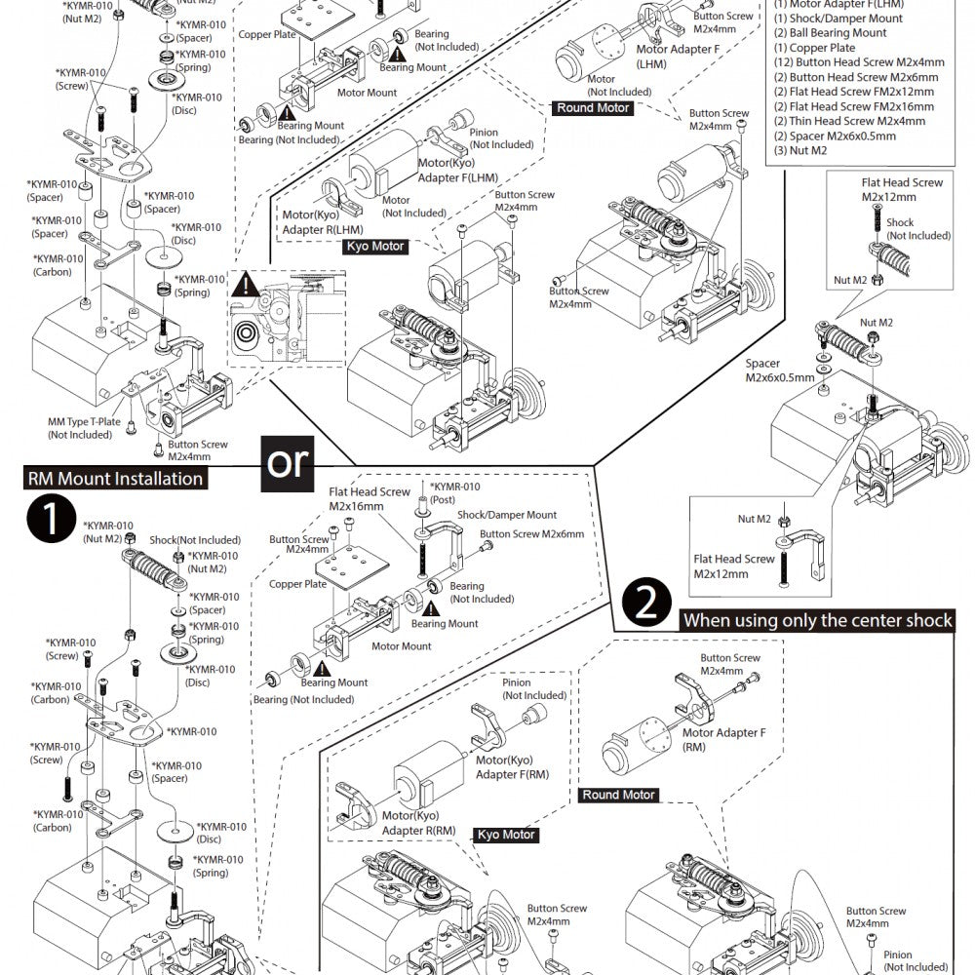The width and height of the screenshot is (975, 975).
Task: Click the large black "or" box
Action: coord(287,462)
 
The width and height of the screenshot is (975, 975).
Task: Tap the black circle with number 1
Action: coord(51,520)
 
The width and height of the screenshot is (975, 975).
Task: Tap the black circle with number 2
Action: coord(645,605)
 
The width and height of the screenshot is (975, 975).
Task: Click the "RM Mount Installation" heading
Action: coord(115,479)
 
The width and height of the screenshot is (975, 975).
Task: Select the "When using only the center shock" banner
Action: coord(817,620)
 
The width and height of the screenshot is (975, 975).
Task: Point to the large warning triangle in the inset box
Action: coord(251,286)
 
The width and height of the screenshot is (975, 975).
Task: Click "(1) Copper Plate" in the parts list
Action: coord(815,48)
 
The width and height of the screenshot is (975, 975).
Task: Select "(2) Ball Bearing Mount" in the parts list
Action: coord(831,33)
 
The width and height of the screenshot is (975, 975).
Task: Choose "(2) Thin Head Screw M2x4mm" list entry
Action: coord(849,121)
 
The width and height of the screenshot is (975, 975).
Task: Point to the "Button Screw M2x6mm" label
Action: coord(531,534)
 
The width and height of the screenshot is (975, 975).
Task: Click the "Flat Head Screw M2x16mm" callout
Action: coord(370,499)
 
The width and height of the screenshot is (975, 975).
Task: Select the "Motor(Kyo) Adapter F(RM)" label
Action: coord(512,767)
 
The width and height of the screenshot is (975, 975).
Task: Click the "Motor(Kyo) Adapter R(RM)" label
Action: coord(418,822)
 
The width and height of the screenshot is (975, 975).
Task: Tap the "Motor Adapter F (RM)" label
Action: coord(723,739)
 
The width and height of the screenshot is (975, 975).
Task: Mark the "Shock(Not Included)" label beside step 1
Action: coord(195,540)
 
